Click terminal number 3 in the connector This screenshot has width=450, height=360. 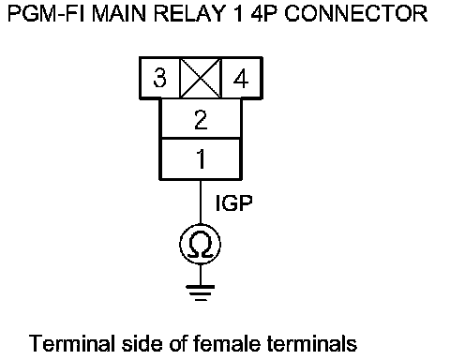click(x=159, y=78)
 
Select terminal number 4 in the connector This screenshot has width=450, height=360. click(x=241, y=78)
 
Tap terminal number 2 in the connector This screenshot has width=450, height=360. click(x=201, y=119)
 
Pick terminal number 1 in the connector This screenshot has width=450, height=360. click(x=201, y=158)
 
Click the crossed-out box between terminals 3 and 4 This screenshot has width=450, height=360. click(x=201, y=78)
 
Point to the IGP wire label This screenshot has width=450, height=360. click(x=233, y=202)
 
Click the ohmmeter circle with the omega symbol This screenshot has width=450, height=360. click(x=201, y=244)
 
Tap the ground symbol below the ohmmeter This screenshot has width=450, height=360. click(x=201, y=292)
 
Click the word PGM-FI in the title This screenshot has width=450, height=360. click(x=46, y=14)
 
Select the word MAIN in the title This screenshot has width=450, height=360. click(x=119, y=14)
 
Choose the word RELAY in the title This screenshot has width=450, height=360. click(x=189, y=14)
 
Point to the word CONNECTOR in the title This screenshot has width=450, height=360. click(x=356, y=14)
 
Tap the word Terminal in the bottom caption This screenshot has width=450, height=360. click(x=72, y=343)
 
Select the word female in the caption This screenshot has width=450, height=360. click(x=227, y=343)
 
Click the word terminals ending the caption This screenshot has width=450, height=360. click(x=312, y=343)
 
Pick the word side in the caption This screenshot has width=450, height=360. click(x=142, y=343)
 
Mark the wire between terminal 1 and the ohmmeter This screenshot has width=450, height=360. click(x=201, y=202)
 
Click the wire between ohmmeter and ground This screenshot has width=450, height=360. click(x=201, y=275)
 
